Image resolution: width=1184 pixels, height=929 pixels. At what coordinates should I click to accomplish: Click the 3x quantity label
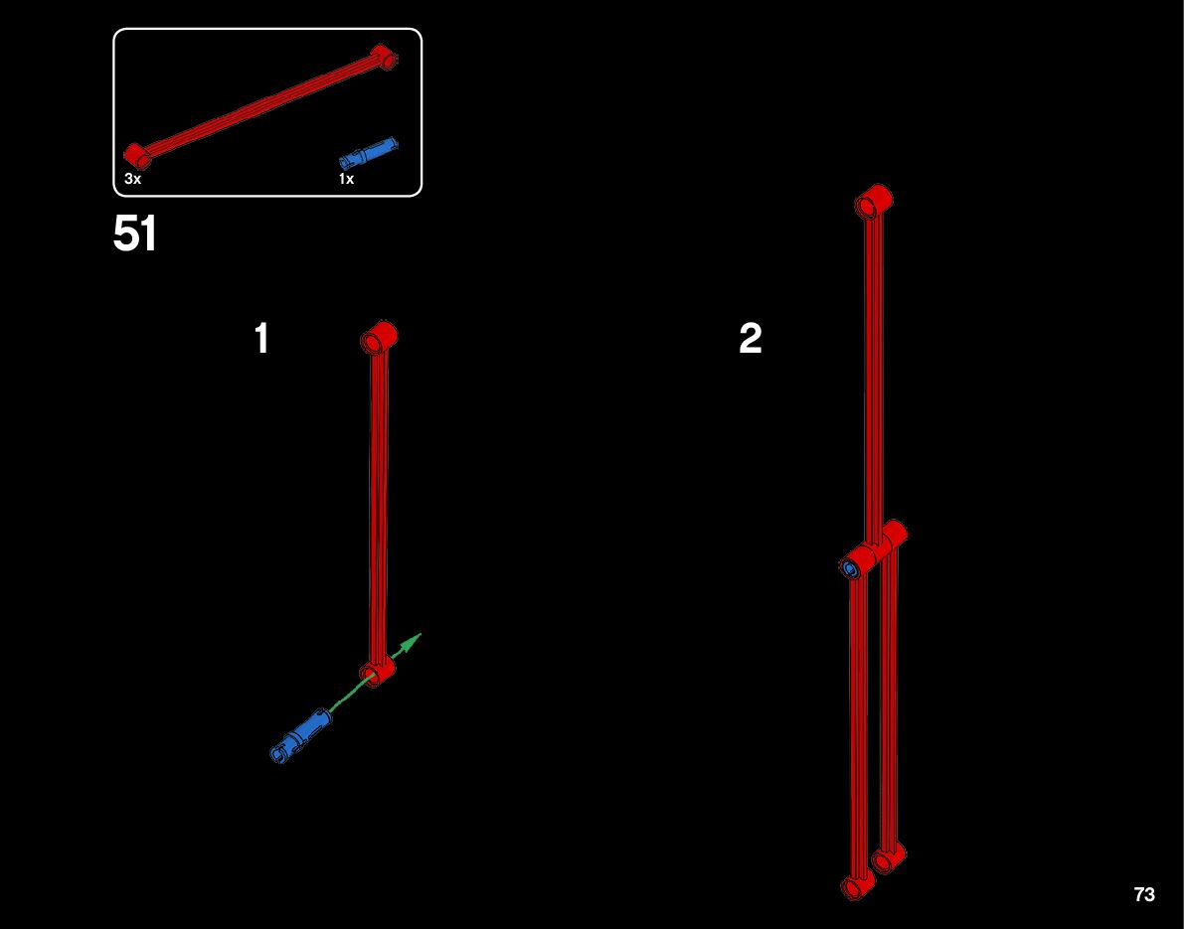pos(133,179)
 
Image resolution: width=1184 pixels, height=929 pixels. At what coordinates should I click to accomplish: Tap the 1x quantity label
pos(346,179)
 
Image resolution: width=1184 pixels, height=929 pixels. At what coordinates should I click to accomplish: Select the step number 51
pos(135,235)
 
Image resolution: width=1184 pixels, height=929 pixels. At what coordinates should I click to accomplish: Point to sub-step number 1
pos(261,339)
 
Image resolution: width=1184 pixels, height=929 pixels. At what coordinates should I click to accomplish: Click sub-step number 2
pos(751,339)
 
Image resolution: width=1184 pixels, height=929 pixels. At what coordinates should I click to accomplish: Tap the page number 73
pos(1144,894)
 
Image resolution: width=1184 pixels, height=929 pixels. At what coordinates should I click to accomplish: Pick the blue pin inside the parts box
pos(369,153)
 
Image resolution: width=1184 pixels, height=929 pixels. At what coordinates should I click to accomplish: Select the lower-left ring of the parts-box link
pos(136,154)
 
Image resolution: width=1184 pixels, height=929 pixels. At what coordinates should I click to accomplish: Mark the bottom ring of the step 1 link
pos(378,672)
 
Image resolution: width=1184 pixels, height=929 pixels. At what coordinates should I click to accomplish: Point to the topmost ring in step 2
pos(873,201)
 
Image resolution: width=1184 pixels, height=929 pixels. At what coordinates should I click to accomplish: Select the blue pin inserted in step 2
pos(851,567)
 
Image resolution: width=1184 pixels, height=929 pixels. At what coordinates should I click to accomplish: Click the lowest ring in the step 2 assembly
pos(856,884)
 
